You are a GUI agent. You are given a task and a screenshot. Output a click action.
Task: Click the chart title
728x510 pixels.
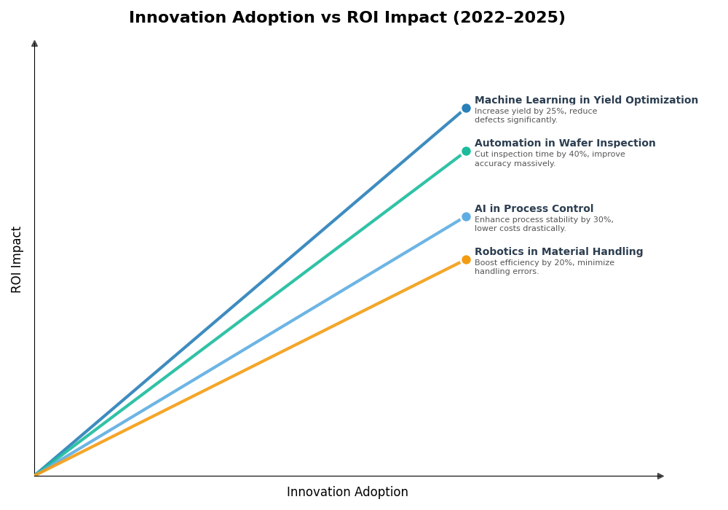pyautogui.click(x=347, y=18)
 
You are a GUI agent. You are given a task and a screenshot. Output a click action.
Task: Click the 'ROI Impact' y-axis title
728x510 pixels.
pyautogui.click(x=17, y=259)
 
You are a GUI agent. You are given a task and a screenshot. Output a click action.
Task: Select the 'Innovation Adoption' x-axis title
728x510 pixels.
pyautogui.click(x=347, y=493)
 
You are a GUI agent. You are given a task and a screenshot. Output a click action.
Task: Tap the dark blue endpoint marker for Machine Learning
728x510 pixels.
pyautogui.click(x=466, y=109)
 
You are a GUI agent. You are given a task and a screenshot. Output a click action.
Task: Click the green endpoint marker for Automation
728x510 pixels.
pyautogui.click(x=466, y=152)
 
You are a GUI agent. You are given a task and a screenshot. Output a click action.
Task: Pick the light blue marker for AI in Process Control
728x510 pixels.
pyautogui.click(x=466, y=217)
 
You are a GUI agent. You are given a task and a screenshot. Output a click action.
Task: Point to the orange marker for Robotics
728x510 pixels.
pyautogui.click(x=466, y=260)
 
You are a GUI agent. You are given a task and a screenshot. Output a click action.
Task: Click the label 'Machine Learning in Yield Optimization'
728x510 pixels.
pyautogui.click(x=586, y=101)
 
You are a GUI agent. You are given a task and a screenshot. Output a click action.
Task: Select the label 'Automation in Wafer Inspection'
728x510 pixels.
pyautogui.click(x=565, y=144)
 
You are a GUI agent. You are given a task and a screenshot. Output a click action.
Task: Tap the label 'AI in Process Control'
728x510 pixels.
pyautogui.click(x=534, y=209)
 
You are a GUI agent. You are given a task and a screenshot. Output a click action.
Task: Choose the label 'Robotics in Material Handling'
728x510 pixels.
pyautogui.click(x=558, y=252)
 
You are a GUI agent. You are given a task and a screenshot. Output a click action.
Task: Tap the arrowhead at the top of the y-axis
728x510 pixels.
pyautogui.click(x=34, y=44)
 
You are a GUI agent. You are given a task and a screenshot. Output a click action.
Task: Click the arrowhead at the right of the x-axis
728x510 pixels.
pyautogui.click(x=660, y=476)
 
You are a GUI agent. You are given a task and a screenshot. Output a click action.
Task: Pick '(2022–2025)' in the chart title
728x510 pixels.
pyautogui.click(x=509, y=18)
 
